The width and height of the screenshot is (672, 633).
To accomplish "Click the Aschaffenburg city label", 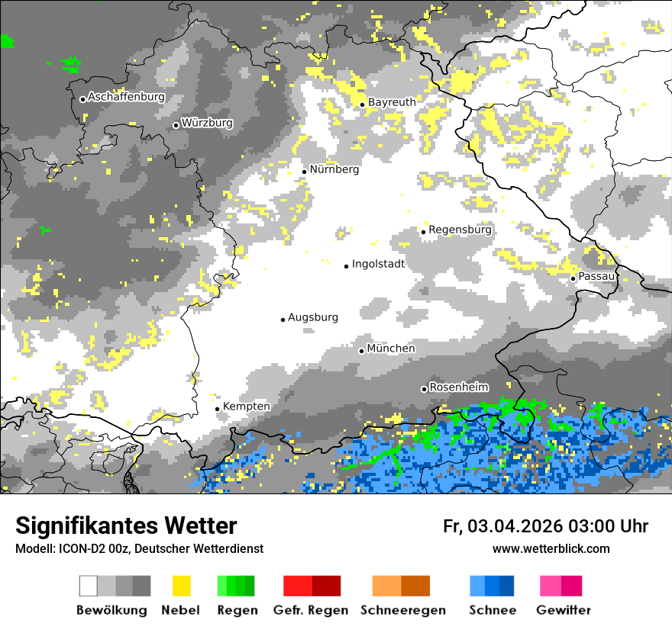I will tap(126, 98).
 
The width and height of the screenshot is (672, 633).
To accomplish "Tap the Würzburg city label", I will tap(207, 124).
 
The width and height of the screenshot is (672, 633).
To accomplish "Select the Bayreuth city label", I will tap(392, 102).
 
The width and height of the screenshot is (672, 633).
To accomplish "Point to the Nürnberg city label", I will tap(334, 170).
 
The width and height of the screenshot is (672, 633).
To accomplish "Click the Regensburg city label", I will tap(460, 230).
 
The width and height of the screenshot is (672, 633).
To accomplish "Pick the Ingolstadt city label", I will tap(378, 265).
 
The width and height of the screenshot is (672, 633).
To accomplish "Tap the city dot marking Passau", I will tap(573, 278).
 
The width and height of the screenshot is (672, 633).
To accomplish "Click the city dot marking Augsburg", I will tap(283, 320).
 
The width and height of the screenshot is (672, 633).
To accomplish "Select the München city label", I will tap(391, 349).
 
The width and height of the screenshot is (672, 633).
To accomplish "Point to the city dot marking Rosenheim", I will tap(424, 390).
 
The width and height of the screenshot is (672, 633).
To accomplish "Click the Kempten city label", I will tap(247, 406).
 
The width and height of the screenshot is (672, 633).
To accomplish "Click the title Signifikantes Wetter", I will tap(126, 526).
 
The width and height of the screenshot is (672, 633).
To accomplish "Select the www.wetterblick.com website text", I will tap(551, 549).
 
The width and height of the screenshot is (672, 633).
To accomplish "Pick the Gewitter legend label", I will tap(563, 610).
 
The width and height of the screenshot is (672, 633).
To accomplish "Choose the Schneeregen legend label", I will tap(403, 610).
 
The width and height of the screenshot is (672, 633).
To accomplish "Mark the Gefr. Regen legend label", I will tap(310, 610).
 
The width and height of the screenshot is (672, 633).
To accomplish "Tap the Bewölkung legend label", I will tap(111, 610).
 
